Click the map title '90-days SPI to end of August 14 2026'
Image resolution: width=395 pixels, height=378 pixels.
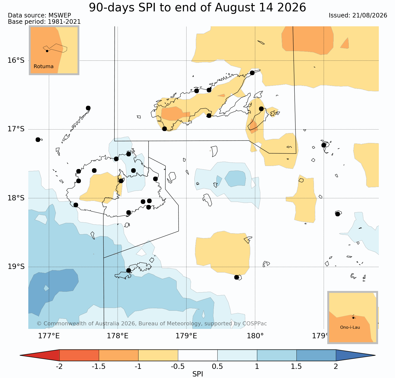pyautogui.click(x=197, y=8)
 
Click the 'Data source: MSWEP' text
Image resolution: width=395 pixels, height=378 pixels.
pyautogui.click(x=39, y=15)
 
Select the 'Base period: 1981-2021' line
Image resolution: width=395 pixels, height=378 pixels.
pyautogui.click(x=44, y=22)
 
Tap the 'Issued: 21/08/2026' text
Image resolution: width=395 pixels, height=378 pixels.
pyautogui.click(x=358, y=15)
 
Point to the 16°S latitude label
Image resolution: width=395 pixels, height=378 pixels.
pyautogui.click(x=16, y=60)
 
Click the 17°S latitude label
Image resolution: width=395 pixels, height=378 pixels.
pyautogui.click(x=16, y=129)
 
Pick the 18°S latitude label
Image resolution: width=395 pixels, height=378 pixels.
pyautogui.click(x=16, y=198)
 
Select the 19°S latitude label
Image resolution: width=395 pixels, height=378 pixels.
pyautogui.click(x=16, y=267)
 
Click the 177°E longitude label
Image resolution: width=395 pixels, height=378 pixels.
pyautogui.click(x=49, y=336)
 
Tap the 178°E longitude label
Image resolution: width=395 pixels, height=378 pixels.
pyautogui.click(x=118, y=336)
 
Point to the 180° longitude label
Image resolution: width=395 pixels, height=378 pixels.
pyautogui.click(x=255, y=336)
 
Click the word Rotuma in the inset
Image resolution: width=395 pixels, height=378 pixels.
pyautogui.click(x=43, y=67)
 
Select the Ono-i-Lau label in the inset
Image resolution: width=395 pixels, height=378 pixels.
pyautogui.click(x=350, y=327)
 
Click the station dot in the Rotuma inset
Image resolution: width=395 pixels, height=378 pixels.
pyautogui.click(x=47, y=51)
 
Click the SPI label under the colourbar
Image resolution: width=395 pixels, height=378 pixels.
pyautogui.click(x=198, y=374)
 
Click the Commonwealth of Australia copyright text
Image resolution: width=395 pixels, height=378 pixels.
pyautogui.click(x=152, y=324)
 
